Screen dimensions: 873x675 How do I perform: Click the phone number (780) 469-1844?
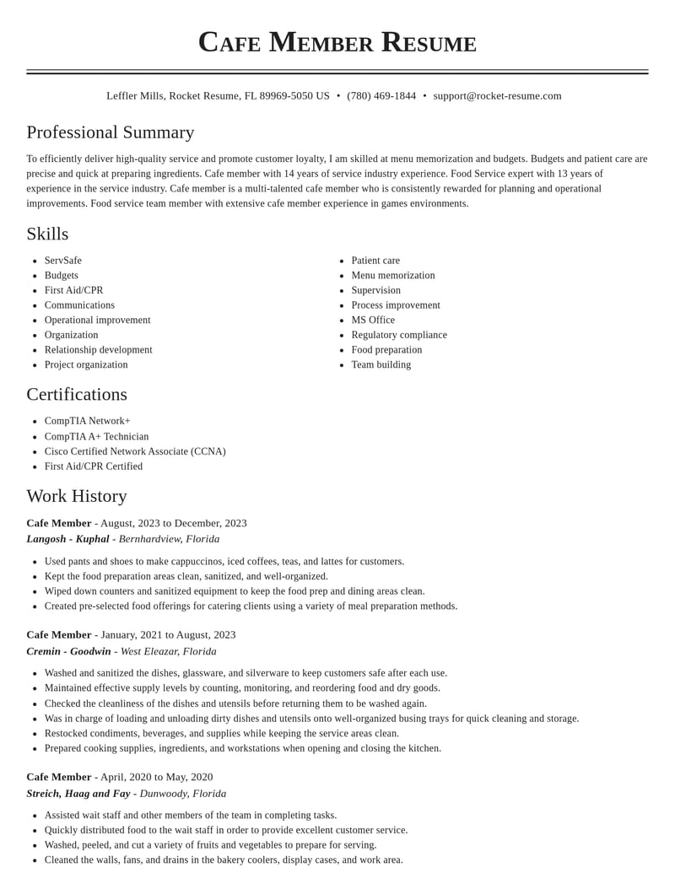pos(381,96)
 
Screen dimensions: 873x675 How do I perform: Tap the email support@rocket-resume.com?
pos(497,96)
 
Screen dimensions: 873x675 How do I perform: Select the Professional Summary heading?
pos(111,132)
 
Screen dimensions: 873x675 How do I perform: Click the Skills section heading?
pos(47,234)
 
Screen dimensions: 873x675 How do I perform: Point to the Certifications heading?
pos(77,394)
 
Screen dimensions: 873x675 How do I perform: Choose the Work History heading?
pos(77,496)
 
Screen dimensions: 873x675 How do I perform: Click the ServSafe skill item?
pos(63,261)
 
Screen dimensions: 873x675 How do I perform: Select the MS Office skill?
pos(373,320)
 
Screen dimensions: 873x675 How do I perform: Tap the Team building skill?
pos(381,364)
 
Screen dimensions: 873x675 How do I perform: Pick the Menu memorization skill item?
pos(393,275)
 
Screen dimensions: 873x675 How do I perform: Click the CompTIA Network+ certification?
pos(88,421)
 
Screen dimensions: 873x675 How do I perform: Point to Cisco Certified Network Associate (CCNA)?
pos(135,451)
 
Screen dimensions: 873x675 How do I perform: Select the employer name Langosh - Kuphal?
pos(67,539)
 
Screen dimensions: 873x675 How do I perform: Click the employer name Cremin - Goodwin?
pos(68,651)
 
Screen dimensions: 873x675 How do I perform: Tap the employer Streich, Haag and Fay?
pos(78,794)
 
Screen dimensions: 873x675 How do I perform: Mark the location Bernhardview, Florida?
pos(169,539)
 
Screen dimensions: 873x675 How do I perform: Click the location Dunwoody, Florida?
pos(183,794)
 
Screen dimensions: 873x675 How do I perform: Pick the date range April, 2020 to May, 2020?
pos(156,777)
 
